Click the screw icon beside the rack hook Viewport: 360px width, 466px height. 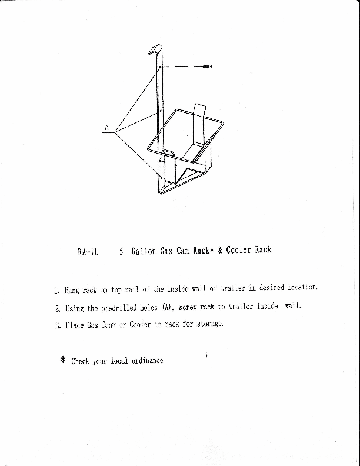click(x=208, y=67)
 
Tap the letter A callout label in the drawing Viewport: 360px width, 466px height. click(x=107, y=127)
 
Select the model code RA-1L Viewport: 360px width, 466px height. click(x=87, y=252)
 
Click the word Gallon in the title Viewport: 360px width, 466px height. click(x=144, y=251)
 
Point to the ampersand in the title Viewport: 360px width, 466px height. click(x=219, y=250)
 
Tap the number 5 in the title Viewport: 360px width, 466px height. click(x=121, y=252)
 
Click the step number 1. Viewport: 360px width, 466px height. click(x=56, y=291)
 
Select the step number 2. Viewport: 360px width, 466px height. click(x=57, y=308)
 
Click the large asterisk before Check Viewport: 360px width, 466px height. click(x=62, y=361)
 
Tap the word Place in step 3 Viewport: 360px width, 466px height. click(x=75, y=326)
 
